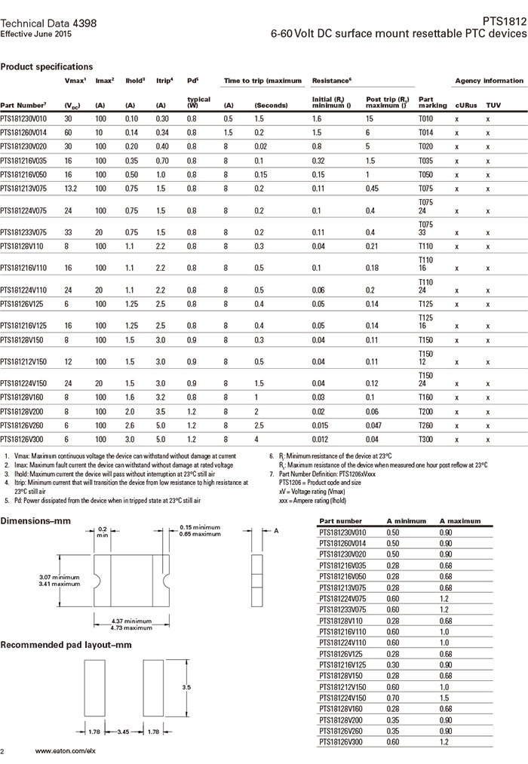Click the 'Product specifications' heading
(x=47, y=66)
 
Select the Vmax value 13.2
(x=69, y=188)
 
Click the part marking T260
(x=426, y=425)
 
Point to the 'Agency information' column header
(x=489, y=81)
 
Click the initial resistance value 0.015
(x=321, y=425)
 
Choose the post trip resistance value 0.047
(x=375, y=425)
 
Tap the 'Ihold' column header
(x=134, y=81)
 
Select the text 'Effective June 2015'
(x=36, y=35)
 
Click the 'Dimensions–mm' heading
(x=37, y=521)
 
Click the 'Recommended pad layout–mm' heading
(x=66, y=645)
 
